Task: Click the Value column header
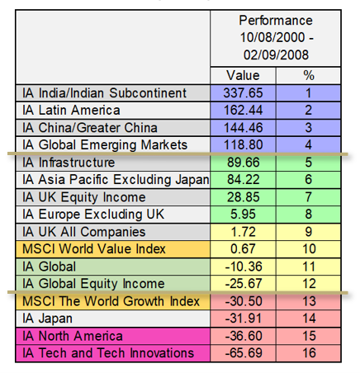[243, 75]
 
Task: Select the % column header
[309, 75]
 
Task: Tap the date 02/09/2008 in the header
[276, 54]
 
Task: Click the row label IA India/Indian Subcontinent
[104, 93]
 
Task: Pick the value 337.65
[243, 93]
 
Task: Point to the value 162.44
[243, 111]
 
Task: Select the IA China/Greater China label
[90, 128]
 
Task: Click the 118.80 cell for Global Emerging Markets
[243, 145]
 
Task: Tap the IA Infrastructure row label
[69, 163]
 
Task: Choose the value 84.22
[243, 180]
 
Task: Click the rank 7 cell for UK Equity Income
[309, 197]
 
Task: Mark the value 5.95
[243, 215]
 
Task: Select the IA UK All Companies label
[84, 232]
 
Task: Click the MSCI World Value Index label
[94, 249]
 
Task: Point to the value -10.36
[244, 267]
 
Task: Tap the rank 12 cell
[309, 284]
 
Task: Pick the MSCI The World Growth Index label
[111, 301]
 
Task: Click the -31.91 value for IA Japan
[244, 319]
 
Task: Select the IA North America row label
[73, 336]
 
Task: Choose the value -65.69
[244, 353]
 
